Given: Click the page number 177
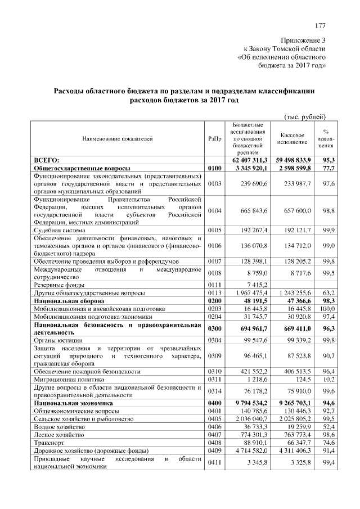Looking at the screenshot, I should tap(321, 26).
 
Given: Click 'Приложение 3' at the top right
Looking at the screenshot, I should tap(304, 40).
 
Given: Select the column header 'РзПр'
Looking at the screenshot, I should tap(214, 138).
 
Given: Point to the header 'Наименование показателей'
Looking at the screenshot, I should tap(118, 138).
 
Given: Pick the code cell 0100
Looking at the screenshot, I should tap(215, 168).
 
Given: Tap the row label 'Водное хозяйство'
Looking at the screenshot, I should tap(59, 427).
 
